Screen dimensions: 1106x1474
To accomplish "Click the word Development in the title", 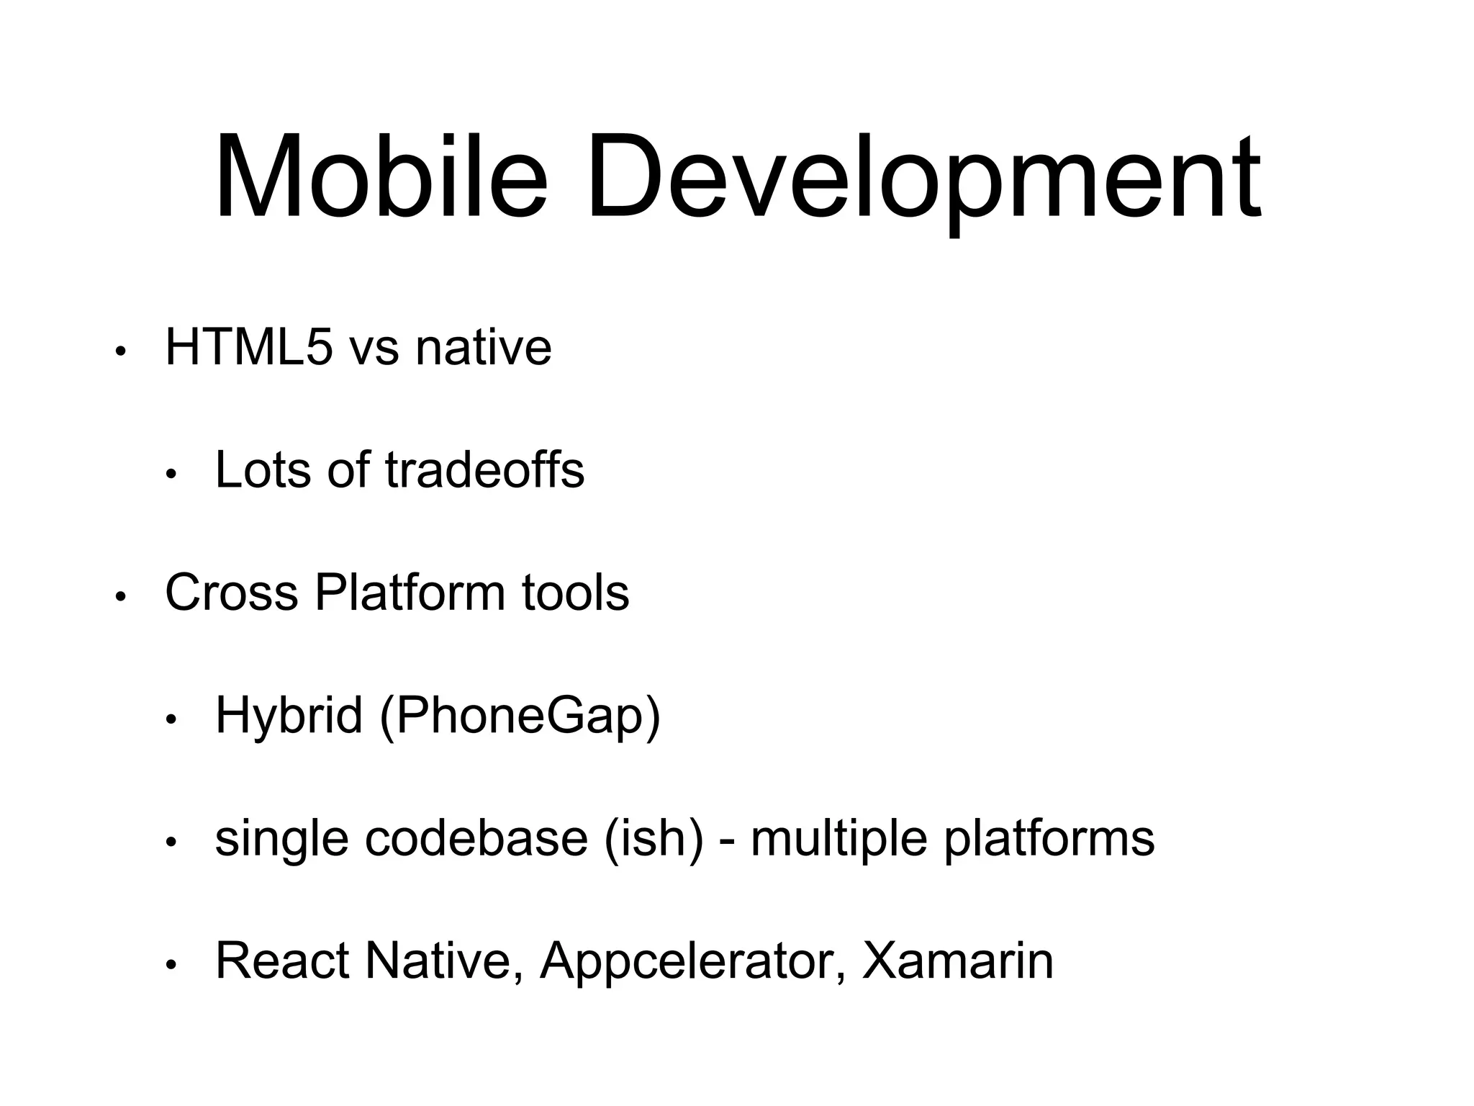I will [x=923, y=180].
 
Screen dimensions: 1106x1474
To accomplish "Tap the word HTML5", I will [x=249, y=347].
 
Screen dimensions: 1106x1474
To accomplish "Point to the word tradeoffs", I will [x=484, y=469].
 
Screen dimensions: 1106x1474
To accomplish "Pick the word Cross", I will [x=231, y=593].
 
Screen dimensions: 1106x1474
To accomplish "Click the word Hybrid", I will [x=289, y=717].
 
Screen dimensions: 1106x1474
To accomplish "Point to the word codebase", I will [x=476, y=838].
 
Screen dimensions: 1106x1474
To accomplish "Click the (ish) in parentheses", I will [x=654, y=840].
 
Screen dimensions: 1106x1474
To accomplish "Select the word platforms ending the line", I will [x=1049, y=840].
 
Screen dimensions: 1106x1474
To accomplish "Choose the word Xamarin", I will [x=957, y=961].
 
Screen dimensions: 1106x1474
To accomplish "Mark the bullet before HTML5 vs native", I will [x=120, y=352].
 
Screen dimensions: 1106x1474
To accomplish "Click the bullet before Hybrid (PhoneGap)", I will [x=171, y=720].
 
